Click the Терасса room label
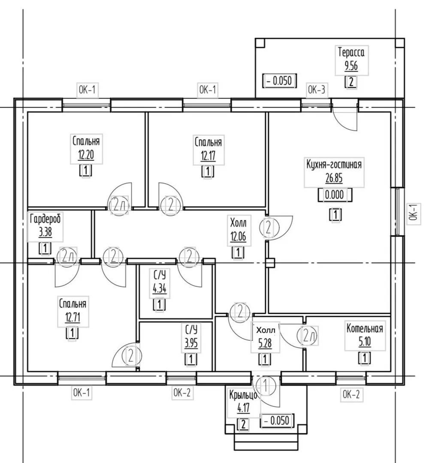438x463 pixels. (x=351, y=52)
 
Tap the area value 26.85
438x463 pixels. (x=334, y=178)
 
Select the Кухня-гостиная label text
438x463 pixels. (x=334, y=164)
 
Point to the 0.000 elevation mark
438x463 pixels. (x=335, y=195)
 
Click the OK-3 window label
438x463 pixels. (x=317, y=90)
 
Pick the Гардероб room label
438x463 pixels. (x=45, y=219)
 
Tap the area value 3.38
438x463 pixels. (x=45, y=232)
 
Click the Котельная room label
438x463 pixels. (x=365, y=328)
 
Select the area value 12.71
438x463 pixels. (x=72, y=318)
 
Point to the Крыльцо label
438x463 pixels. (x=243, y=395)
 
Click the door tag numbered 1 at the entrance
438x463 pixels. (x=266, y=386)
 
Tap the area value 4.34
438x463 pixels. (x=160, y=288)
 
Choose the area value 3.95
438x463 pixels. (x=191, y=343)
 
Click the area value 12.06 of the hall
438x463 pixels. (x=238, y=236)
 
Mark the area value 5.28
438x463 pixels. (x=265, y=343)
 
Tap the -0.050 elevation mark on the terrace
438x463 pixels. (x=279, y=81)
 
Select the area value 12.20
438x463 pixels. (x=86, y=154)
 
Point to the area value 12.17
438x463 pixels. (x=208, y=156)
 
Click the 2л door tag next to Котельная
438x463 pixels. (x=308, y=336)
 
